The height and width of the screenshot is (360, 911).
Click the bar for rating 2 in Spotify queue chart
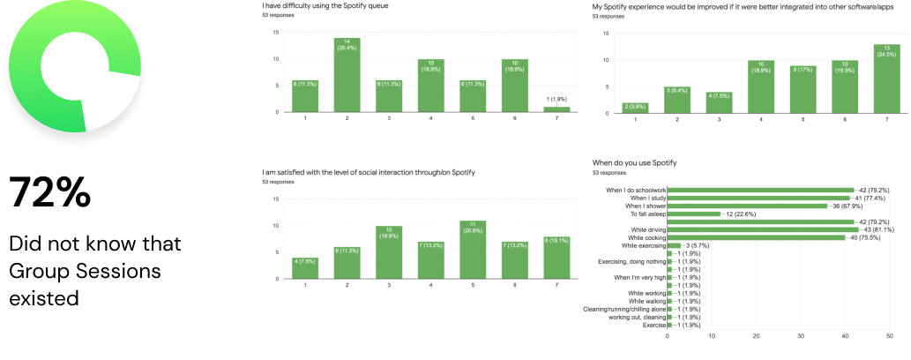click(347, 75)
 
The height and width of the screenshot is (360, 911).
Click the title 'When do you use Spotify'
click(634, 163)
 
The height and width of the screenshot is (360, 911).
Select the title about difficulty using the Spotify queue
click(325, 6)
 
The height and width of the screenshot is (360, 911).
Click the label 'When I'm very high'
click(639, 277)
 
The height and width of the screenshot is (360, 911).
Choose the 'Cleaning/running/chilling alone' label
click(625, 309)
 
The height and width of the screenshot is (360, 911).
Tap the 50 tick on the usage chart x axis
click(890, 336)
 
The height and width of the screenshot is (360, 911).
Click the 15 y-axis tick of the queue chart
click(277, 33)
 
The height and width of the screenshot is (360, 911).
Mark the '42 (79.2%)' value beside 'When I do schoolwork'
click(874, 190)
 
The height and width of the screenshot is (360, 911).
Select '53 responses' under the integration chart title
click(608, 16)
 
